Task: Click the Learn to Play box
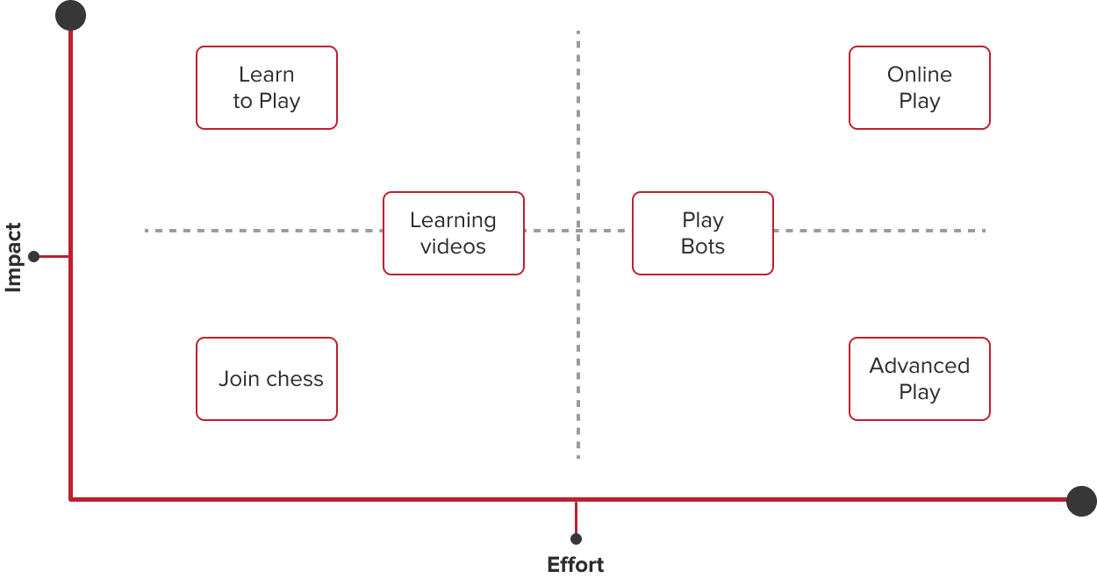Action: (267, 88)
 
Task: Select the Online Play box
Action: (919, 88)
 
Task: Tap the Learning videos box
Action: (453, 233)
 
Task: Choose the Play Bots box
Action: (702, 233)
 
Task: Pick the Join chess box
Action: (267, 379)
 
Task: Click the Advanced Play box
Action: (919, 379)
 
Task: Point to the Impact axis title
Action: (13, 257)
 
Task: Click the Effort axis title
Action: (576, 564)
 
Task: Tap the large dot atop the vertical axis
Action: (70, 16)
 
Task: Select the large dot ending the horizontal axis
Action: (1081, 501)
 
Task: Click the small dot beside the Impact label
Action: (34, 257)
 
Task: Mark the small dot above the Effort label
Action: (576, 539)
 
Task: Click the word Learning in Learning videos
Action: (453, 221)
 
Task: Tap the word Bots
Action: (703, 246)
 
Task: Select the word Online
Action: (919, 75)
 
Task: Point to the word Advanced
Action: (919, 366)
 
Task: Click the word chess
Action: (295, 379)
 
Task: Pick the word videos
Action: (453, 246)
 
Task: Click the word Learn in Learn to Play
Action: (267, 75)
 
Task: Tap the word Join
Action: (239, 379)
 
